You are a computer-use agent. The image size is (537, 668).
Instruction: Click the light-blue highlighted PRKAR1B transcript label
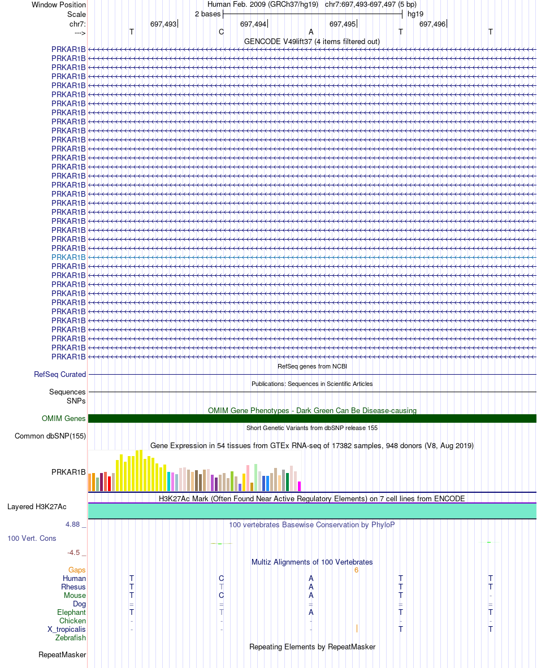coord(68,257)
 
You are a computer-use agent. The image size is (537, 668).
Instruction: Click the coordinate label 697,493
coord(163,24)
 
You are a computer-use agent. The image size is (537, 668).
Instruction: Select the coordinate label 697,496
coord(432,24)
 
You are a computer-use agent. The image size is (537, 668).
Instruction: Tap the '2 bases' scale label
coord(208,14)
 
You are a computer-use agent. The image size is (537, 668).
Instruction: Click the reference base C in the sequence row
coord(221,32)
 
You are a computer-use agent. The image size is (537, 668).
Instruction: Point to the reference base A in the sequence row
coord(311,32)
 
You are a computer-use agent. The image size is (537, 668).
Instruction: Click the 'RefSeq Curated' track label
coord(60,375)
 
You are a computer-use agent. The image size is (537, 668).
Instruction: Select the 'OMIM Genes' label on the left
coord(64,418)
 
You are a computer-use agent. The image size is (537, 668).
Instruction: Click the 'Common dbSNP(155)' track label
coord(50,436)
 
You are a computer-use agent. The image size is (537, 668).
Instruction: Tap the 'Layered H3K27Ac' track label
coord(37,506)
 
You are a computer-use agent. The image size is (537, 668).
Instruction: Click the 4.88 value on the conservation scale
coord(72,524)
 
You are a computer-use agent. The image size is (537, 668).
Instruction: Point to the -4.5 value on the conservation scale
coord(73,553)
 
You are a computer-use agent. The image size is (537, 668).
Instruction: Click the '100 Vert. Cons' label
coord(32,539)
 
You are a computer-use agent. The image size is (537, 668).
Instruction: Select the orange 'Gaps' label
coord(77,570)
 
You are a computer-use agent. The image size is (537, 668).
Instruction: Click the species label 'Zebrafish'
coord(71,637)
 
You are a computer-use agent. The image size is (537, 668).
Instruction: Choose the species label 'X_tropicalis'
coord(67,629)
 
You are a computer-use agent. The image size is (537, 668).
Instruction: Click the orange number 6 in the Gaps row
coord(356,570)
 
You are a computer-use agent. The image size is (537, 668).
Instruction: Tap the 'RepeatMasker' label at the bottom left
coord(62,655)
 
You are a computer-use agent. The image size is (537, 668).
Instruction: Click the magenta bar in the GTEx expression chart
coord(299,487)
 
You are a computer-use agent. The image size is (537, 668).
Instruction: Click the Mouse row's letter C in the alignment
coord(221,596)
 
